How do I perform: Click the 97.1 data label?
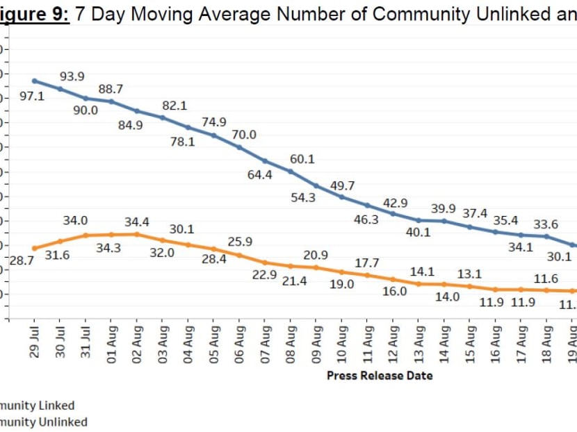point(31,97)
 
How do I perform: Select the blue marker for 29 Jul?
point(34,81)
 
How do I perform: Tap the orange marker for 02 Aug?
point(137,234)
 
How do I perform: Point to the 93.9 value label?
point(72,76)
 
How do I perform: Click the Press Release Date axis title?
point(380,376)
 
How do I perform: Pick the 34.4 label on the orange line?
point(137,222)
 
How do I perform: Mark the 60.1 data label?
point(302,159)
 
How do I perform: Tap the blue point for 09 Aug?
point(316,185)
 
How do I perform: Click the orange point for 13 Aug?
point(419,283)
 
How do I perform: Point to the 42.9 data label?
point(395,203)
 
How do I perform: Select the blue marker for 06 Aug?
point(239,147)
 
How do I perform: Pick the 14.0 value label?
point(447,297)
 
